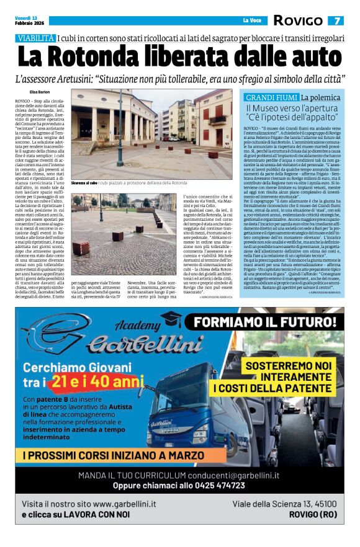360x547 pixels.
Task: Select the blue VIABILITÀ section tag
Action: [36, 38]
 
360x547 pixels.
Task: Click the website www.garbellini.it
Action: [124, 503]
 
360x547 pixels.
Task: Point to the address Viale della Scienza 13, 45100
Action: [284, 503]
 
